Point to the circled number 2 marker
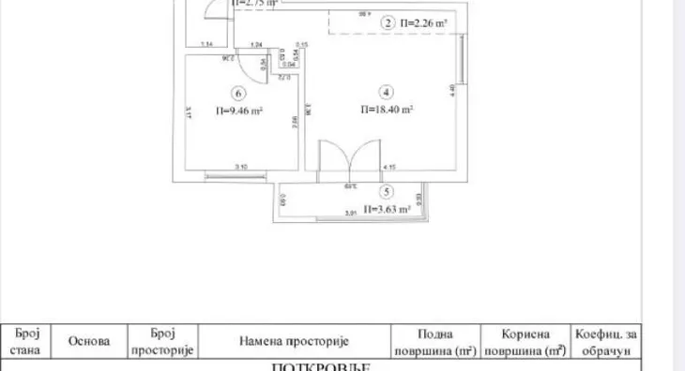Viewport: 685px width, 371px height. (388, 22)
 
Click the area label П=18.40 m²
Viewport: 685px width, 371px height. (388, 110)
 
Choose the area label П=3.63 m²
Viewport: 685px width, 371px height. (388, 209)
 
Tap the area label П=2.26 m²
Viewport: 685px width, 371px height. (423, 22)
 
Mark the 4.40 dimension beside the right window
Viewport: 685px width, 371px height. (452, 89)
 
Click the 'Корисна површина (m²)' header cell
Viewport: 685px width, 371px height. (525, 343)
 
